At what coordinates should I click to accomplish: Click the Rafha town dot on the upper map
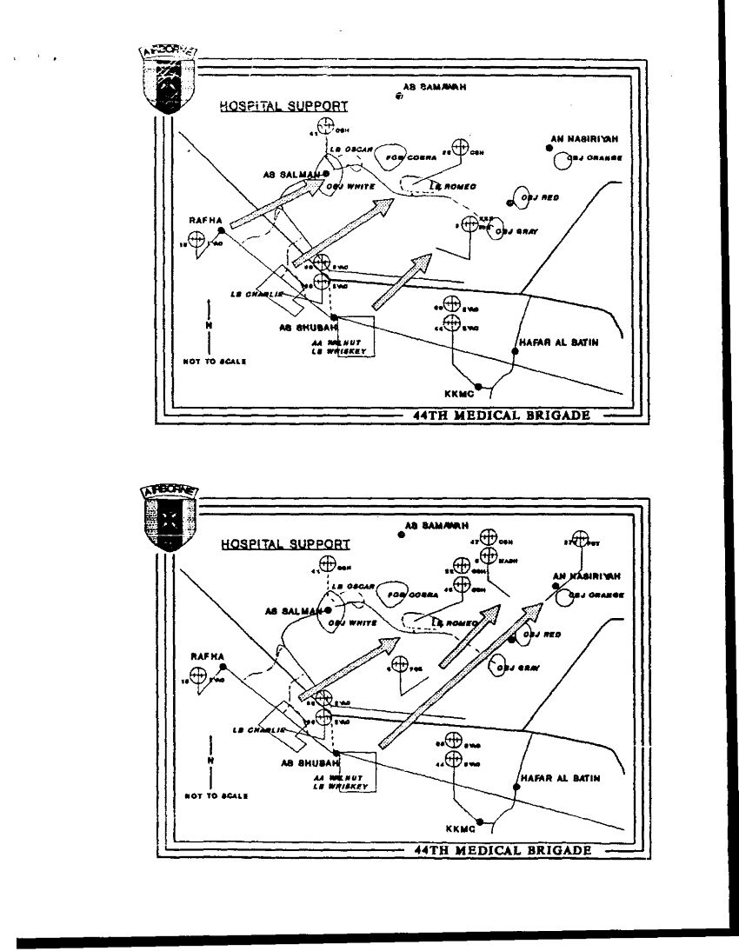tap(222, 230)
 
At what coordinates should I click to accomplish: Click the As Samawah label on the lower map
tap(436, 526)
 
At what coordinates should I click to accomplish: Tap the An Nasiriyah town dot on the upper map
tap(549, 149)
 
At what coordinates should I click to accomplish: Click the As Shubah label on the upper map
tap(302, 329)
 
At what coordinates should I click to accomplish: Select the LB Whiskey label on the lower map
tap(340, 785)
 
